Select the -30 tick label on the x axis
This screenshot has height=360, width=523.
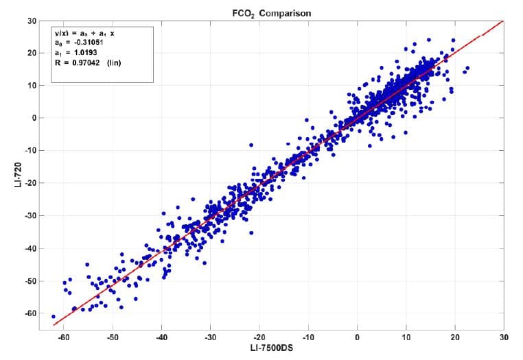pyautogui.click(x=211, y=337)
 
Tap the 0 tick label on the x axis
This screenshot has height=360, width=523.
pyautogui.click(x=357, y=337)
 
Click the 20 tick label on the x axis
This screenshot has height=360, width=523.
pyautogui.click(x=455, y=337)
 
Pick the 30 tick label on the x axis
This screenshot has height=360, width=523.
pyautogui.click(x=504, y=337)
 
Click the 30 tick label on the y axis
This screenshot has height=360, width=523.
pyautogui.click(x=31, y=21)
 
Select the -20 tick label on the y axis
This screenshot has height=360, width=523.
pyautogui.click(x=30, y=183)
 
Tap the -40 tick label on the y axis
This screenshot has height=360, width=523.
pyautogui.click(x=30, y=248)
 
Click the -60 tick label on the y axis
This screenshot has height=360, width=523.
pyautogui.click(x=30, y=313)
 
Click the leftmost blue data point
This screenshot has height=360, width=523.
pyautogui.click(x=54, y=317)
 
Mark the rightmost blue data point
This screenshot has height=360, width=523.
pyautogui.click(x=467, y=68)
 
